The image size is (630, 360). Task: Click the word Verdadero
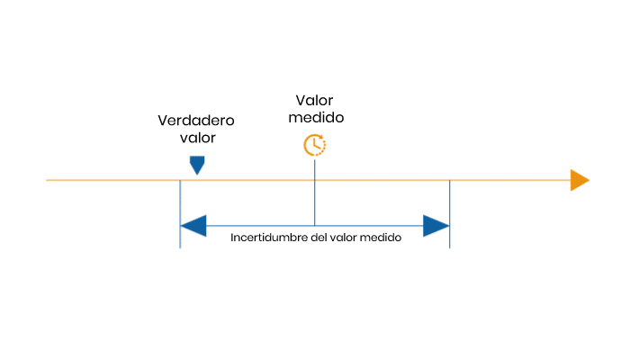[196, 120]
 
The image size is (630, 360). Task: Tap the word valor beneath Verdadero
[198, 138]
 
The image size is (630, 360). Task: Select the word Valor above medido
[315, 100]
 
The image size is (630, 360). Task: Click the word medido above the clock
[316, 117]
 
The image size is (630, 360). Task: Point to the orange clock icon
[315, 145]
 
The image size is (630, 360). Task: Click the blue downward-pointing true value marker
[197, 165]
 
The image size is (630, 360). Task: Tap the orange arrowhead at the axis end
[580, 180]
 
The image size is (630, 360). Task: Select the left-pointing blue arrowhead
[193, 226]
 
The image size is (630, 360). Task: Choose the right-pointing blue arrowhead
[436, 226]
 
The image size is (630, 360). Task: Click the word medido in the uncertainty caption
[381, 238]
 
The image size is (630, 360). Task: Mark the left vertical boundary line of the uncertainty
[180, 214]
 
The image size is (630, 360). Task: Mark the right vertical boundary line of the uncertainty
[450, 214]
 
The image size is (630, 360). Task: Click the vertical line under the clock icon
[315, 193]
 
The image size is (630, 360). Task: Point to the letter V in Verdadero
[163, 121]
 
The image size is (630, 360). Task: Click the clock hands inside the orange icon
[316, 144]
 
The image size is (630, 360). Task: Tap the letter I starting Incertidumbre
[232, 238]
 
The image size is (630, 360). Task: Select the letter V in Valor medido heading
[301, 101]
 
